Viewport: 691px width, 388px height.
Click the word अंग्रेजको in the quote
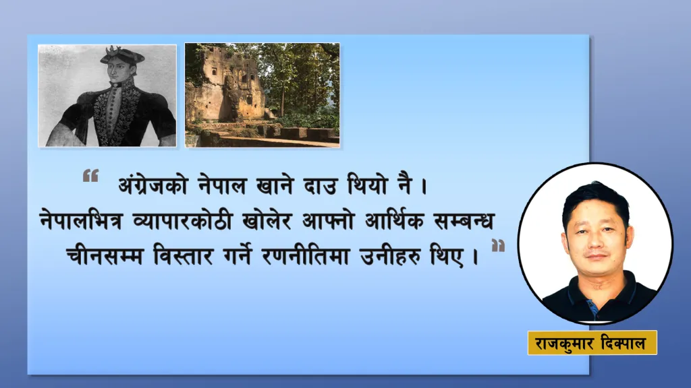tap(153, 185)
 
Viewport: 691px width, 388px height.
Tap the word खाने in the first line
tap(275, 185)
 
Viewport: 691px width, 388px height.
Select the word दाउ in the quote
tap(321, 185)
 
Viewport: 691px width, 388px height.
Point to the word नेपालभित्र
tap(81, 221)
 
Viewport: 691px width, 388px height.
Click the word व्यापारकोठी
tap(182, 220)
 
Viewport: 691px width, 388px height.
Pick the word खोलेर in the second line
tap(267, 220)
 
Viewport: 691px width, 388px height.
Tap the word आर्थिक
tap(394, 220)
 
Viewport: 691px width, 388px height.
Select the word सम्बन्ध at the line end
tap(464, 221)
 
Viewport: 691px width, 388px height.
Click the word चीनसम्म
tap(105, 255)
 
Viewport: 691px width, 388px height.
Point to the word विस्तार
tap(184, 255)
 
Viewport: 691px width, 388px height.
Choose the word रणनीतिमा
tap(306, 255)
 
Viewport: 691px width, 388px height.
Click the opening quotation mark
tap(91, 176)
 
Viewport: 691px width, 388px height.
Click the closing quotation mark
tap(498, 245)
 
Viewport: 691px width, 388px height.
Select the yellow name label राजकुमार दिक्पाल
tap(592, 343)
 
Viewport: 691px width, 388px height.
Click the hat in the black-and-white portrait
tap(121, 55)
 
